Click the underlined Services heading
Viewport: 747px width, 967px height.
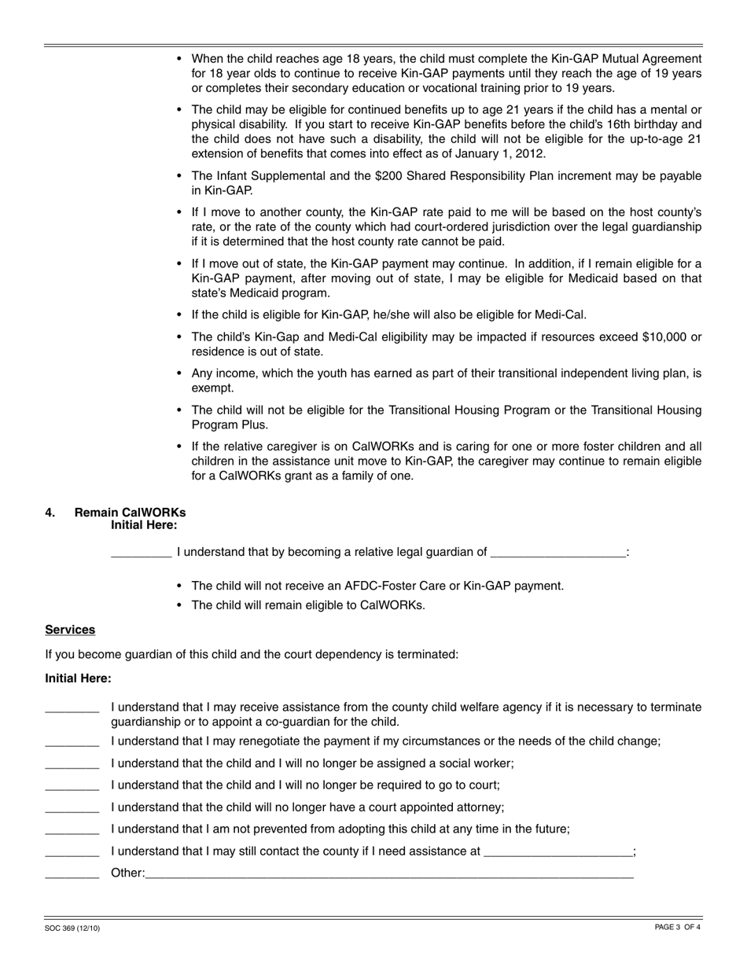pyautogui.click(x=70, y=630)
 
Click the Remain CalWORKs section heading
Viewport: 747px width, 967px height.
pyautogui.click(x=130, y=513)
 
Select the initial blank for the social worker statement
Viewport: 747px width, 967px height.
pyautogui.click(x=72, y=764)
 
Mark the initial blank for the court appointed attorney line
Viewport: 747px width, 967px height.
pyautogui.click(x=72, y=808)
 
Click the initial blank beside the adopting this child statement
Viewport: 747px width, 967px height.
pyautogui.click(x=72, y=830)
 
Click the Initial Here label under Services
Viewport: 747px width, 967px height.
pyautogui.click(x=78, y=678)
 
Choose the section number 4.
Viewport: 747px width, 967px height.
pyautogui.click(x=50, y=513)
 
